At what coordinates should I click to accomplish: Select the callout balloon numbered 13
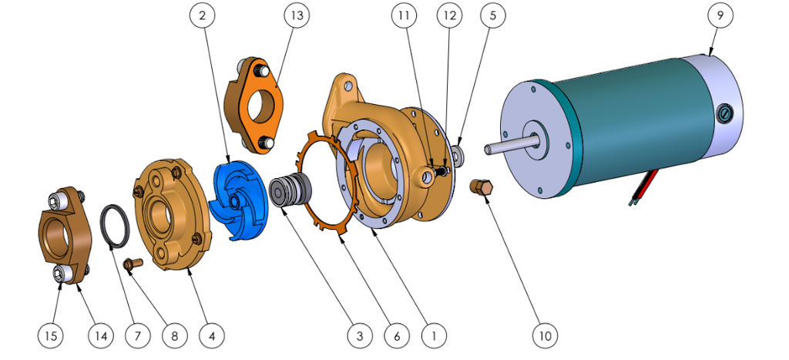295,15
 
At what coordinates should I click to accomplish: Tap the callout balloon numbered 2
202,15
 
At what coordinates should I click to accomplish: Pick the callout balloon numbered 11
404,15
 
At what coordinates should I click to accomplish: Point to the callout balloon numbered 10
545,336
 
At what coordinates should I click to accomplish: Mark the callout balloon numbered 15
52,336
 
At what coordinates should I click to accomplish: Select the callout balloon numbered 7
138,336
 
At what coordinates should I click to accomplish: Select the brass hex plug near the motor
482,187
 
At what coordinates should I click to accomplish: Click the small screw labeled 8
133,264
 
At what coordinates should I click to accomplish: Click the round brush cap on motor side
724,114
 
